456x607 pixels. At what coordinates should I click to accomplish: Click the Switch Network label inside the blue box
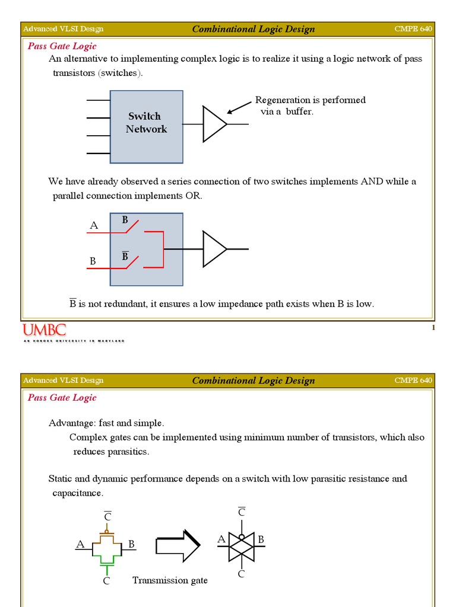coord(146,123)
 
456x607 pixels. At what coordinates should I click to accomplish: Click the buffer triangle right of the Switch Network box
coord(213,124)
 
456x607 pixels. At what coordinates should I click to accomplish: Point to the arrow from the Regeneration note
coord(239,107)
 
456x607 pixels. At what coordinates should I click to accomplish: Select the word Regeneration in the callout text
coord(282,100)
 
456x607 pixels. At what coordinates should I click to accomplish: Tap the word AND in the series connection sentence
coord(372,181)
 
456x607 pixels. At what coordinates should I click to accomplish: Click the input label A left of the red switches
coord(93,225)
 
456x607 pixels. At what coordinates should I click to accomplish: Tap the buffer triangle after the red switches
coord(213,249)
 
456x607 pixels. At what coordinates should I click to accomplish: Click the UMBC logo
coord(45,330)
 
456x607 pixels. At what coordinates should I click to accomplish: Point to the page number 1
coord(433,328)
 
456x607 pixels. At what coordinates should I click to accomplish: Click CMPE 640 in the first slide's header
coord(413,29)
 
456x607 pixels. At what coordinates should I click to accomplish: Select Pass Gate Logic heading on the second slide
coord(62,398)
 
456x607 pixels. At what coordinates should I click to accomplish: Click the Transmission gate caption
coord(170,580)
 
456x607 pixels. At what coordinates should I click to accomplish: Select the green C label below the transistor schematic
coord(106,582)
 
